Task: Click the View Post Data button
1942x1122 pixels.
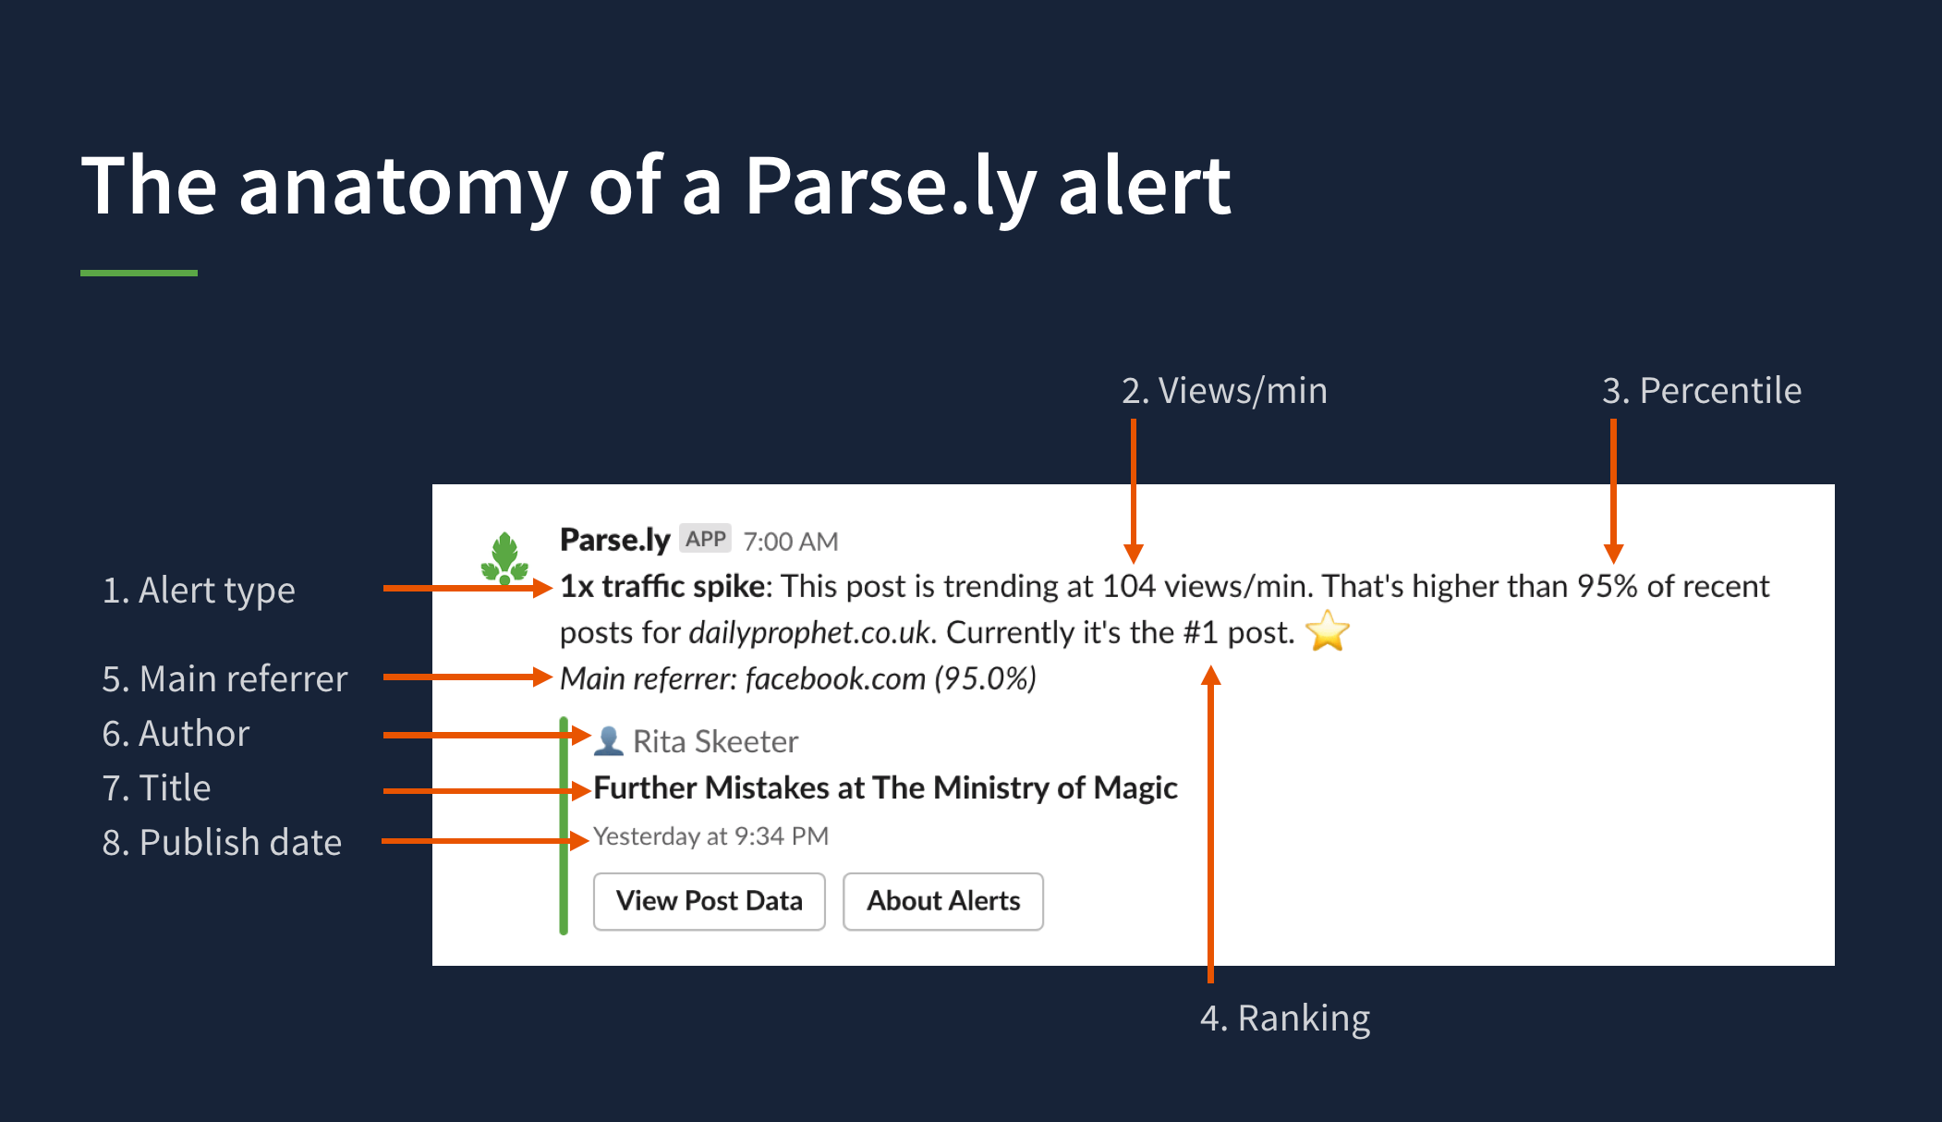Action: [709, 901]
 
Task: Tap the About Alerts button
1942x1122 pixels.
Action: [943, 901]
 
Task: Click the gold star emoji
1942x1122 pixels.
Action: [1328, 631]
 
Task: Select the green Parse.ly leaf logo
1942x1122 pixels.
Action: [504, 558]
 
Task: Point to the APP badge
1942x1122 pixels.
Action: [706, 539]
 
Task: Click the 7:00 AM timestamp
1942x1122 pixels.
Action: [791, 542]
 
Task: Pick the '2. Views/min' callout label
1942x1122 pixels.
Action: [1224, 391]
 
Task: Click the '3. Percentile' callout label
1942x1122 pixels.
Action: [1702, 391]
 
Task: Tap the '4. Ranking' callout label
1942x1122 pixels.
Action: [1285, 1018]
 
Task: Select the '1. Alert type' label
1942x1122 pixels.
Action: [199, 591]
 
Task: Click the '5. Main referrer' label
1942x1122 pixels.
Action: [225, 679]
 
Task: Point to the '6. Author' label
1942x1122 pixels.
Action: [176, 734]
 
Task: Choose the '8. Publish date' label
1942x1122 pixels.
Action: [222, 843]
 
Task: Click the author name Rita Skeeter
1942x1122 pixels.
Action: [715, 742]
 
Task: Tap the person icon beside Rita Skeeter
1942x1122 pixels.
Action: [608, 741]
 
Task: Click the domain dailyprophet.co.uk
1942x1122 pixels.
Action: [809, 633]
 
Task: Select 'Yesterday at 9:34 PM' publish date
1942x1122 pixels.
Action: [710, 836]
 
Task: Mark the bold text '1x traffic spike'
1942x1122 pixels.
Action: [662, 587]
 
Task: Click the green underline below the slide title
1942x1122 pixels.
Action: [139, 273]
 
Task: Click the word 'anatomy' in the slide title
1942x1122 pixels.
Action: [402, 188]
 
